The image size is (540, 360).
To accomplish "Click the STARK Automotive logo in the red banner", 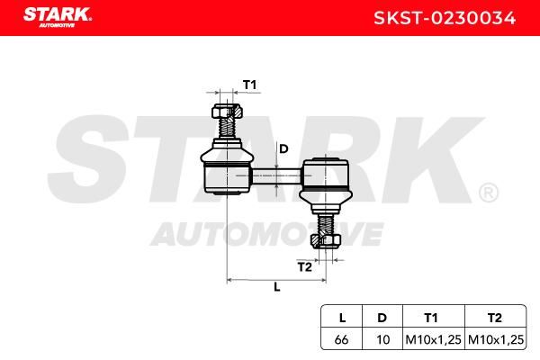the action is pyautogui.click(x=58, y=17).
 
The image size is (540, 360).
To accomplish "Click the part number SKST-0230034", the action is pyautogui.click(x=445, y=18).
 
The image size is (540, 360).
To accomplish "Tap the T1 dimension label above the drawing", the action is pyautogui.click(x=249, y=85).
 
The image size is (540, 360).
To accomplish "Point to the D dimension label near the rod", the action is pyautogui.click(x=283, y=148).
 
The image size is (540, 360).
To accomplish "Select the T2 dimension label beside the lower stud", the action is pyautogui.click(x=304, y=266).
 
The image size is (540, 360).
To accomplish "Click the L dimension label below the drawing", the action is pyautogui.click(x=277, y=287).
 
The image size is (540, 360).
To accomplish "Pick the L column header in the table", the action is pyautogui.click(x=342, y=318).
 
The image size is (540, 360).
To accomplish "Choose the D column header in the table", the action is pyautogui.click(x=382, y=318).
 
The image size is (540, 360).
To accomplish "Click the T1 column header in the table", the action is pyautogui.click(x=431, y=318).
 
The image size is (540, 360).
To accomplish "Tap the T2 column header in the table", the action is pyautogui.click(x=494, y=318).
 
